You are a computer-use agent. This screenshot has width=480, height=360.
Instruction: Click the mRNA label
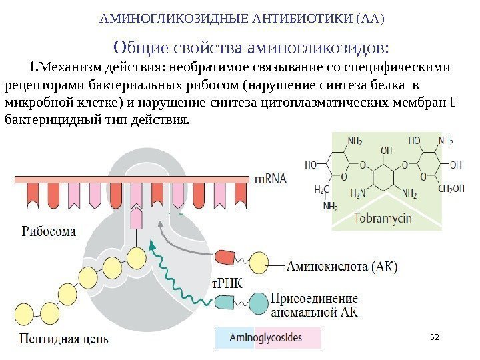tap(272, 179)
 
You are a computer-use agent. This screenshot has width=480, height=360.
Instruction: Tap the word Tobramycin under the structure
tap(383, 219)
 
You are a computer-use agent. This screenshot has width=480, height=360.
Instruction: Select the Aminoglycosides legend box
tap(267, 338)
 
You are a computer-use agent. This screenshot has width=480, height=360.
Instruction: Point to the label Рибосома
tap(49, 231)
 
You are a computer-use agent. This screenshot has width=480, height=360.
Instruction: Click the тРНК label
tap(227, 283)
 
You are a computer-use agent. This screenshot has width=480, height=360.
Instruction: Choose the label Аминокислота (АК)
tap(341, 267)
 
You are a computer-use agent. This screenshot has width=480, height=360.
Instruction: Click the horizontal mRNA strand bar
tap(133, 179)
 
